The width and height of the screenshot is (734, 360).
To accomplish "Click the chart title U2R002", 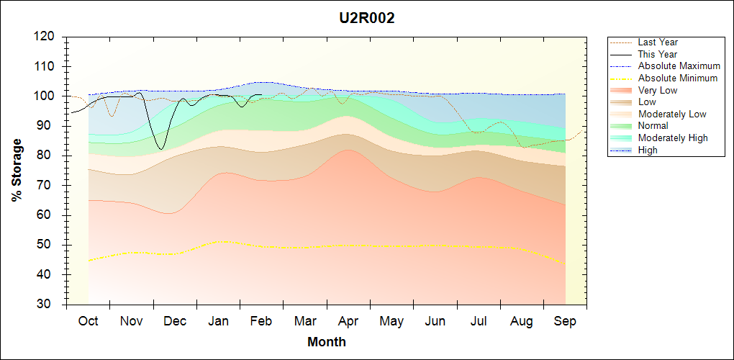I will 367,19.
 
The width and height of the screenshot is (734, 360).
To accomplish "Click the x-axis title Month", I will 327,342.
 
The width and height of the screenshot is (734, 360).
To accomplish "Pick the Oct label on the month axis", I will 88,321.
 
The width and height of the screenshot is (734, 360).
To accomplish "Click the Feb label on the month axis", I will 261,321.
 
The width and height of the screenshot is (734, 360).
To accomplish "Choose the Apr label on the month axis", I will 348,321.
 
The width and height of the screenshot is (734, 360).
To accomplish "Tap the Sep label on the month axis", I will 565,321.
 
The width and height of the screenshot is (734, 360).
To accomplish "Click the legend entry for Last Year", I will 657,42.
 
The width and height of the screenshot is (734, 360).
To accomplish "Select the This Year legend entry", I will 657,54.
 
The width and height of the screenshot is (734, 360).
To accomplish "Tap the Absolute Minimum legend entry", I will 677,78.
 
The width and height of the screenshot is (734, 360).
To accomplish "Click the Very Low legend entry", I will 657,90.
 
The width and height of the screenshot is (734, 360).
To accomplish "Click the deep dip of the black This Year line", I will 161,149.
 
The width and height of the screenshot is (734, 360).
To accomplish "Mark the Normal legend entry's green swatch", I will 622,126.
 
